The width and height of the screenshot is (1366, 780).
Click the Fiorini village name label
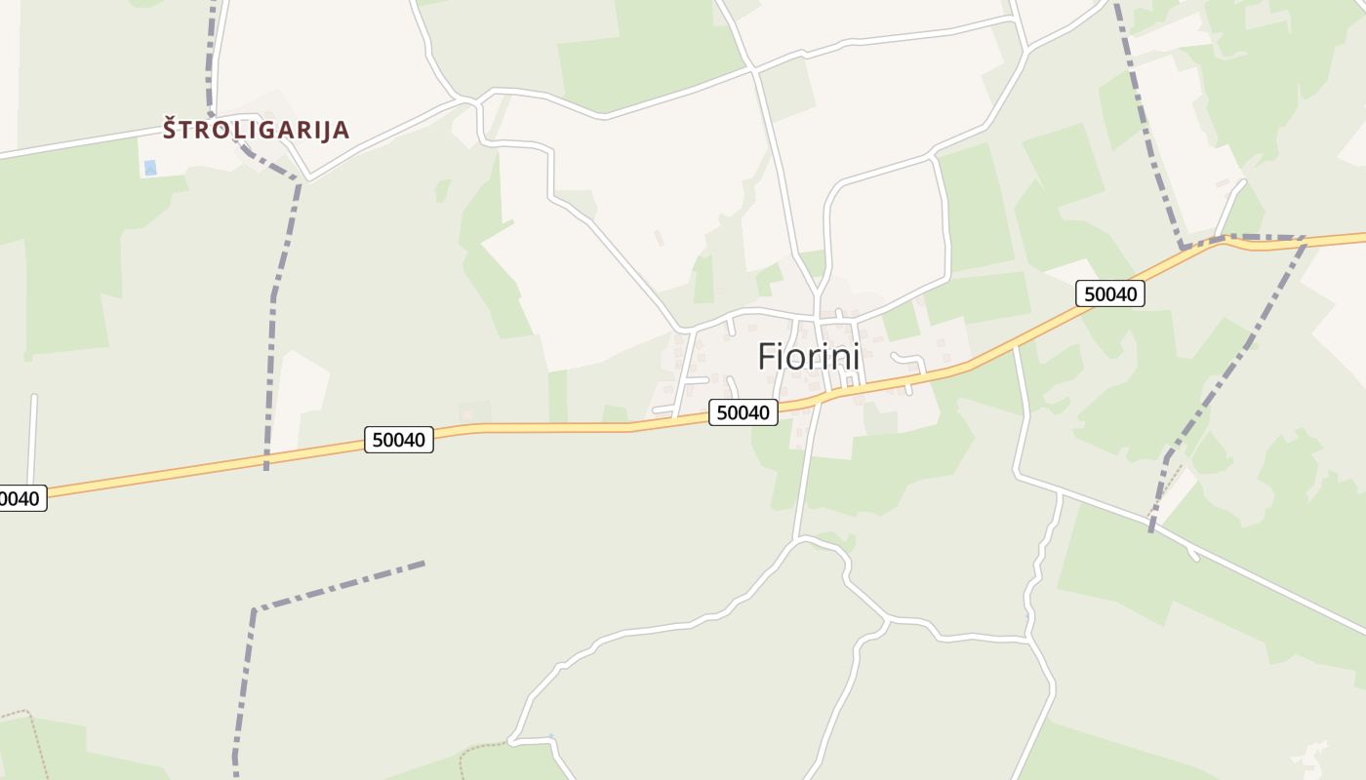(808, 358)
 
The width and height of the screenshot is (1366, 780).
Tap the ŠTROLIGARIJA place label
(256, 130)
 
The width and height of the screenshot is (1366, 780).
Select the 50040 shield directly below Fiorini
(743, 412)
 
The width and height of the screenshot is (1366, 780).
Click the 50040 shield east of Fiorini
(1109, 293)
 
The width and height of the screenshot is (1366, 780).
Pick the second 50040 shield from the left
(398, 440)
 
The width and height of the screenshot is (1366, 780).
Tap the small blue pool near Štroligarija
(149, 168)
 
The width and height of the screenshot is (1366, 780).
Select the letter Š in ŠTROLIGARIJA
(171, 128)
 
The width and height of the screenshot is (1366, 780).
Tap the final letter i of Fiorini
(856, 358)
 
